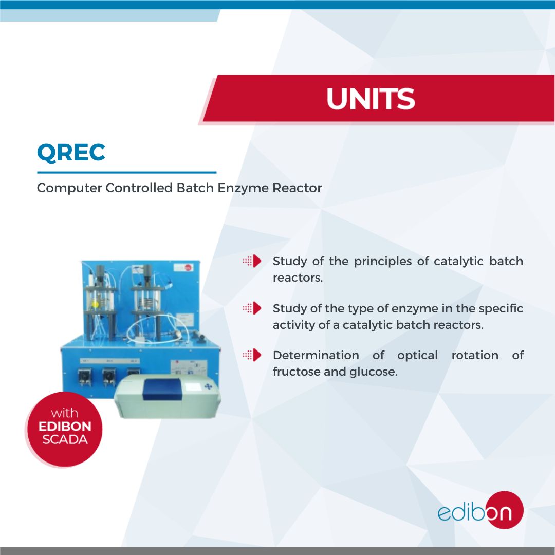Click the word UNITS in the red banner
tap(371, 99)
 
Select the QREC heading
tap(71, 152)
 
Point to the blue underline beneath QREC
tap(126, 173)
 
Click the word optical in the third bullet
tap(417, 355)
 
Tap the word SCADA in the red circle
tap(65, 440)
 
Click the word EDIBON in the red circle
tap(65, 427)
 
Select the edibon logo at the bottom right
tap(480, 511)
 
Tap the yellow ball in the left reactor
tap(95, 304)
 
